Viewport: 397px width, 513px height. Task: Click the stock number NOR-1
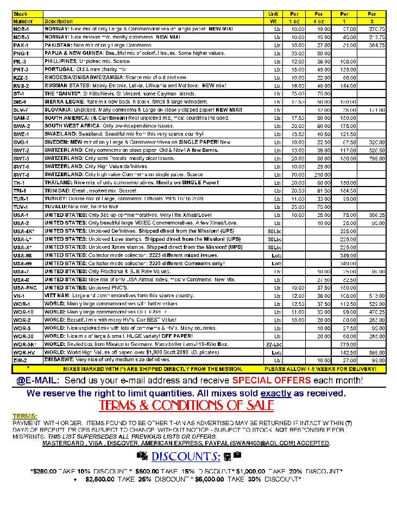(x=21, y=29)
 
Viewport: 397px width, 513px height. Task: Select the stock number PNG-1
(x=21, y=54)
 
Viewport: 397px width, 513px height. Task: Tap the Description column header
(x=59, y=21)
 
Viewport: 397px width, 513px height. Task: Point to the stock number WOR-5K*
(x=24, y=344)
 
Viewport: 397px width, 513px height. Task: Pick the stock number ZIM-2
(x=21, y=360)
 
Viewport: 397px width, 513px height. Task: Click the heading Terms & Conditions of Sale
(x=186, y=406)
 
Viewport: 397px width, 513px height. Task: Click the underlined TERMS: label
(x=25, y=416)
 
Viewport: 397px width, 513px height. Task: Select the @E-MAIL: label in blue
(x=37, y=381)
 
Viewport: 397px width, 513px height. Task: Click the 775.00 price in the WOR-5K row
(x=344, y=344)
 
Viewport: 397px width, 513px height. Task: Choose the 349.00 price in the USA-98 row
(x=344, y=255)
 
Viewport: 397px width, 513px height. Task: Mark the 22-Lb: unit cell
(x=274, y=344)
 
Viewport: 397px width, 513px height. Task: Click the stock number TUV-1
(x=21, y=207)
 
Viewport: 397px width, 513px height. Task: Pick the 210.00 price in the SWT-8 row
(x=324, y=175)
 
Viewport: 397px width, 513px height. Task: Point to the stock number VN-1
(x=19, y=296)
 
